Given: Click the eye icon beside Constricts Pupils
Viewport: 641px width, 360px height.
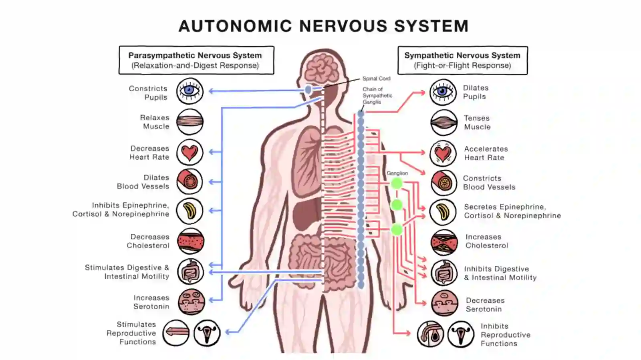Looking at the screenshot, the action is (x=189, y=91).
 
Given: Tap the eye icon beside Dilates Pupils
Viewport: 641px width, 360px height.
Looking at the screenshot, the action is (x=443, y=92).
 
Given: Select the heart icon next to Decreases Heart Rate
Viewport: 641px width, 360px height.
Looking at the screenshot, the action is (x=189, y=152).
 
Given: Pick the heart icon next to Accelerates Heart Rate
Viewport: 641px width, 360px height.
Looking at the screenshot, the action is (x=443, y=153).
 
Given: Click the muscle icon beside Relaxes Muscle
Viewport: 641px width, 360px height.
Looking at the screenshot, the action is (x=189, y=122).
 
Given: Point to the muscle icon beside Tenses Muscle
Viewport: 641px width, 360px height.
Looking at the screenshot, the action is (x=444, y=123).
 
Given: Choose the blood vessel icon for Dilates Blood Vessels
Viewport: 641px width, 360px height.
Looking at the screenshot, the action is (x=189, y=181).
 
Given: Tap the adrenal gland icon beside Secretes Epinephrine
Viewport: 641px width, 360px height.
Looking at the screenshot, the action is (x=443, y=212).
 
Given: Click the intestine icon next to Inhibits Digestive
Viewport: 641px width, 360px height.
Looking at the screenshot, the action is (x=444, y=273).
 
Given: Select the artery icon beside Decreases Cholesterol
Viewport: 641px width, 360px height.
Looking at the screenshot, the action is (x=191, y=241).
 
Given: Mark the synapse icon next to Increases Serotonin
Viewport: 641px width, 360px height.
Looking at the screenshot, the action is (x=191, y=302).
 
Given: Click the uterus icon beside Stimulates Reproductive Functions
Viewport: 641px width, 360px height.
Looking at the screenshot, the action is (x=207, y=333).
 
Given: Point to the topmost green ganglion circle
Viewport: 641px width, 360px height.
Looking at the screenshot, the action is (x=397, y=183).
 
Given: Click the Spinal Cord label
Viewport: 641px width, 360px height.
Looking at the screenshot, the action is (x=376, y=78).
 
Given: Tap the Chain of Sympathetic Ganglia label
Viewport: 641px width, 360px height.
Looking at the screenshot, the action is (x=377, y=95).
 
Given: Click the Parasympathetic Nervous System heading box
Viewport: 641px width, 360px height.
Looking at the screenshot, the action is (x=196, y=60).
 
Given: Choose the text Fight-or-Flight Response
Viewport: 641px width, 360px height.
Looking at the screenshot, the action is (x=462, y=66).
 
